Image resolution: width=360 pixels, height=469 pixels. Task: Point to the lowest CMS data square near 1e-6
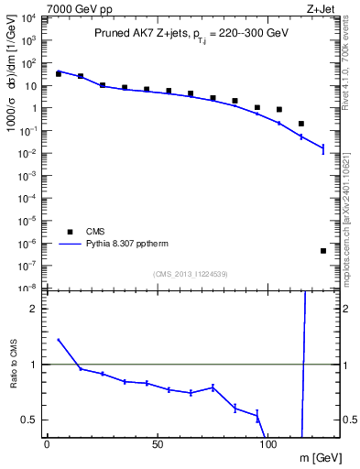click(323, 251)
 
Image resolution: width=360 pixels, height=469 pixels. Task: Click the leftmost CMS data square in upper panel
click(59, 73)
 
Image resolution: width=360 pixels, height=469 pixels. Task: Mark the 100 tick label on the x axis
click(268, 443)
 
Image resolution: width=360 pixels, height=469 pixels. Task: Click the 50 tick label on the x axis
click(158, 443)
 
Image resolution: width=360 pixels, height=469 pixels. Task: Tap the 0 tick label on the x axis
click(47, 443)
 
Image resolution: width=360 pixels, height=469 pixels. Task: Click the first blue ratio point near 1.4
click(59, 339)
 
